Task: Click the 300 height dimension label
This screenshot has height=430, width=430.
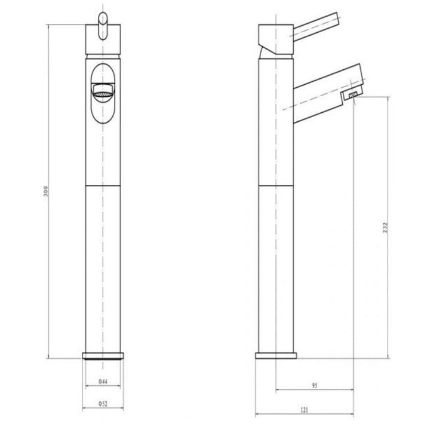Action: tap(45, 191)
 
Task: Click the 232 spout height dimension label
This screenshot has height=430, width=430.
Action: tap(385, 228)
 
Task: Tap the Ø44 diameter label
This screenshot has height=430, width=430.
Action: tap(103, 381)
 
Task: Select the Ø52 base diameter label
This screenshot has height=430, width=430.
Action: tap(103, 404)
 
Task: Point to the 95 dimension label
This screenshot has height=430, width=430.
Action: tap(315, 385)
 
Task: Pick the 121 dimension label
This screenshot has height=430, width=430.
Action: tap(305, 410)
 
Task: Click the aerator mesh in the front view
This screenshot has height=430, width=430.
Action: tap(103, 94)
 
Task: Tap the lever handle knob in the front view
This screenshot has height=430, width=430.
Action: tap(103, 26)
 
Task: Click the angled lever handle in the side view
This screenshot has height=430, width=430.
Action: tap(317, 27)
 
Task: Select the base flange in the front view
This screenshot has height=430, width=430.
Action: tap(103, 356)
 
